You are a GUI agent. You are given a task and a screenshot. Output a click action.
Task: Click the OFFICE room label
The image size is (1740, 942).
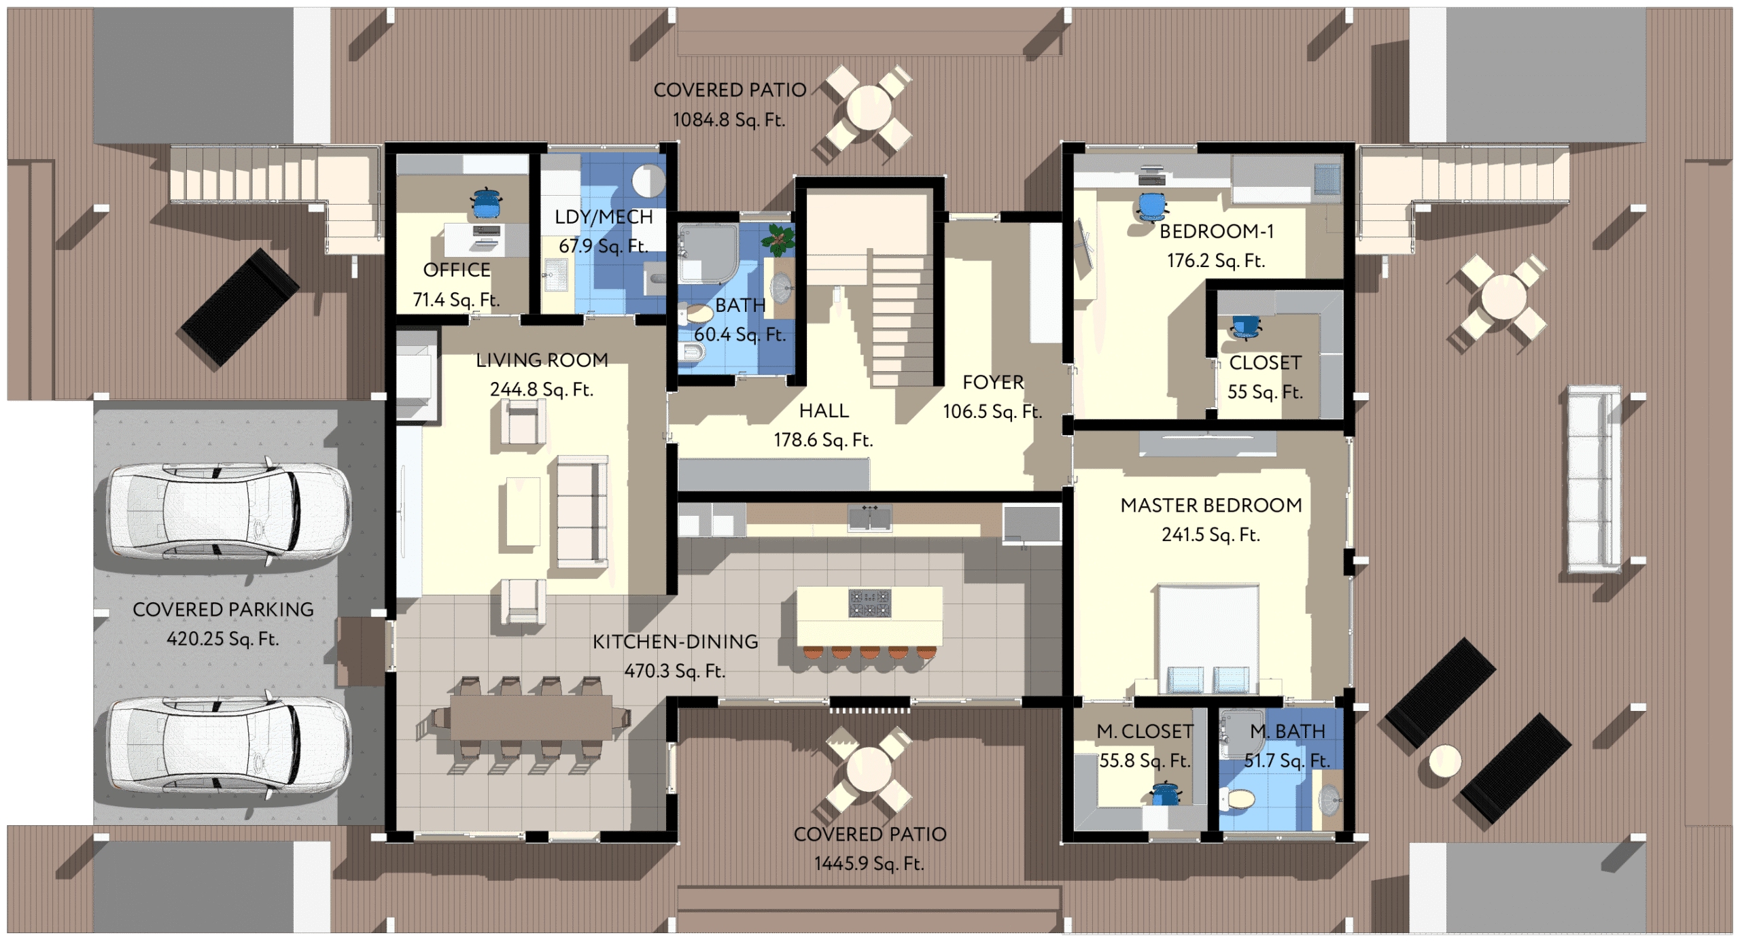coord(456,271)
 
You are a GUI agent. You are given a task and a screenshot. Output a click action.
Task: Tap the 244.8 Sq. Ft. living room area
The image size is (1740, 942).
coord(542,389)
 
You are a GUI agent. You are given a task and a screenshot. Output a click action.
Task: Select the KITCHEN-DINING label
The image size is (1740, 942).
coord(675,642)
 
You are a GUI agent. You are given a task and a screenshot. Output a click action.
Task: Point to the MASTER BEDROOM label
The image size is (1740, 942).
coord(1211,506)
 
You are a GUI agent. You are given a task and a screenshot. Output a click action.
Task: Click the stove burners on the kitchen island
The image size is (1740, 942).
coord(869,602)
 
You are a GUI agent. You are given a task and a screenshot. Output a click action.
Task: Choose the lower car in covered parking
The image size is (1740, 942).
coord(230,746)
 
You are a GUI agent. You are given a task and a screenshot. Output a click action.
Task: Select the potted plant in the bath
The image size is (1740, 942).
coord(779,239)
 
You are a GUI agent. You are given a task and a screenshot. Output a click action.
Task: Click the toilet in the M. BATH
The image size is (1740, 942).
coord(1238,799)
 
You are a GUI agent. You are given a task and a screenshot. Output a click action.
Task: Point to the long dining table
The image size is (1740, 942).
coord(531,717)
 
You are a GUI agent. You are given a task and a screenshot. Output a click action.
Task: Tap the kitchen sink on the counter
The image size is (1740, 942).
coord(869,519)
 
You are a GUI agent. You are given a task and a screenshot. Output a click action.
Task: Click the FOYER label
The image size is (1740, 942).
coord(993,383)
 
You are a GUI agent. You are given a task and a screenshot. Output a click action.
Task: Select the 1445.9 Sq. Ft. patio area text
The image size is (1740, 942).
coord(869,864)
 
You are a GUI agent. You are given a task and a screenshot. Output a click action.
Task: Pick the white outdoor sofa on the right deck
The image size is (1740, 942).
coord(1594,479)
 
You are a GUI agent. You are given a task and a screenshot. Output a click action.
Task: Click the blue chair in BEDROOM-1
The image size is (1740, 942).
coord(1151,207)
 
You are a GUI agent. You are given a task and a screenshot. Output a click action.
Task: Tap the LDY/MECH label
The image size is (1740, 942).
coord(604,217)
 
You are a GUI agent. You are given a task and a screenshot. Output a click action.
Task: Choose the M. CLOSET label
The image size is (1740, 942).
coord(1145,732)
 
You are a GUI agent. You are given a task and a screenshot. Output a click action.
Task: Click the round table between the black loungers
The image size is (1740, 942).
coord(1445,761)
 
